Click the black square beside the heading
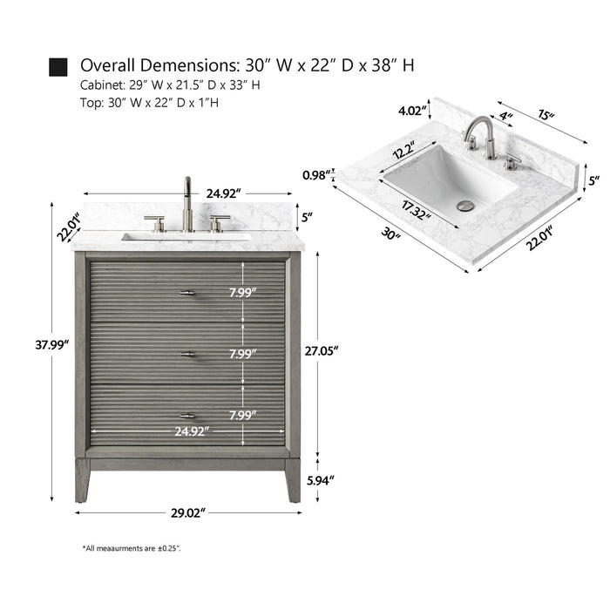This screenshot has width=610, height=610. click(x=58, y=67)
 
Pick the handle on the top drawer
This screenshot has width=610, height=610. click(x=187, y=293)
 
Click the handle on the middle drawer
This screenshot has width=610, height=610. click(x=187, y=354)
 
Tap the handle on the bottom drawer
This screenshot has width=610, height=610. click(x=187, y=416)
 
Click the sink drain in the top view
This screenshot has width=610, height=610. click(x=467, y=206)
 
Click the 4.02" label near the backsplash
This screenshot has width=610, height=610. click(x=412, y=111)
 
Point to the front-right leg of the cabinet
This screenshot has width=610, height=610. click(x=293, y=480)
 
